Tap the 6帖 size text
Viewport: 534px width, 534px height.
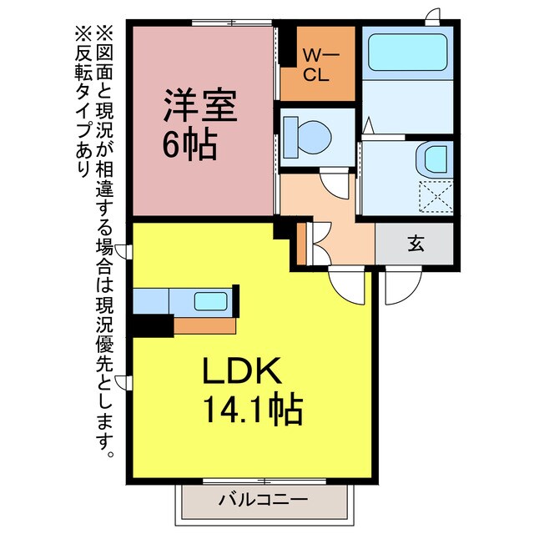click(x=189, y=146)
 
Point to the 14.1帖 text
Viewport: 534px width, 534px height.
click(x=250, y=409)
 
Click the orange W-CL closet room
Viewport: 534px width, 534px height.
click(x=319, y=75)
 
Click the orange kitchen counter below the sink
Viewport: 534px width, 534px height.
click(x=204, y=324)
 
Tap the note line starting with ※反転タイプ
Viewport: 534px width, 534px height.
click(x=83, y=100)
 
